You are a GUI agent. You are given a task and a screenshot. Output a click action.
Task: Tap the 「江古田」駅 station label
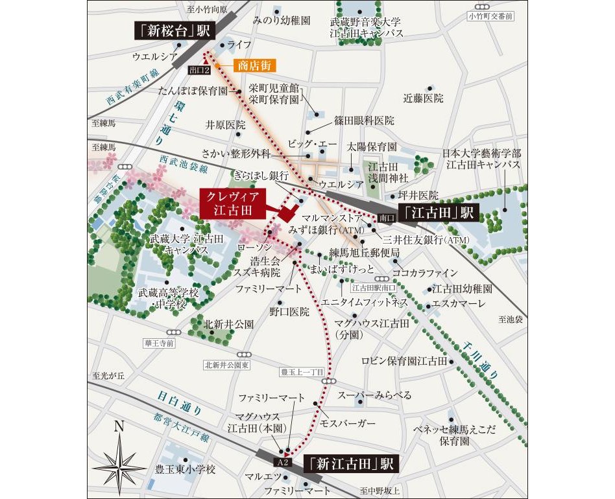tap(439, 212)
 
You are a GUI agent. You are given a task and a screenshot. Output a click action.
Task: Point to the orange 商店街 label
tap(254, 65)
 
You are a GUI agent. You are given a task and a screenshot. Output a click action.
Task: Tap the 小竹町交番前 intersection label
tap(490, 16)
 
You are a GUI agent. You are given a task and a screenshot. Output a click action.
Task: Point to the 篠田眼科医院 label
tap(365, 121)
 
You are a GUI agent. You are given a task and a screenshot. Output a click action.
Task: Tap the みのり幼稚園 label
tap(282, 21)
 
